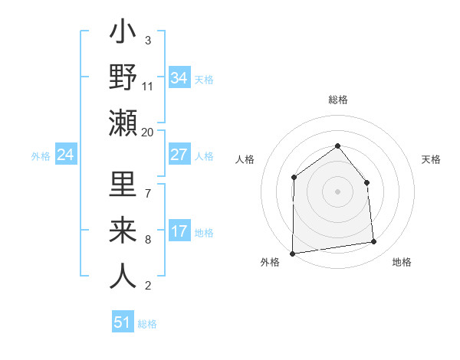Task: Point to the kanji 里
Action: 123,186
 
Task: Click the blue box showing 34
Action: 179,78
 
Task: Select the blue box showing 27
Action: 179,155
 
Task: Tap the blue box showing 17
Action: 179,231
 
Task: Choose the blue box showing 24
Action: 65,155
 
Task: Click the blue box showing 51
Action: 122,322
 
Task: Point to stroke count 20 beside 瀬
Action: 148,132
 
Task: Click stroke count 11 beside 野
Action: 148,86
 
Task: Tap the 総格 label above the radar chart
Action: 337,100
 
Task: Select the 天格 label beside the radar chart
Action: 432,159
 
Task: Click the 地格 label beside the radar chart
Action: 402,262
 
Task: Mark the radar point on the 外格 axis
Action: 292,253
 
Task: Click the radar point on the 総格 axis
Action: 337,146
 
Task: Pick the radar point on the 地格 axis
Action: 374,242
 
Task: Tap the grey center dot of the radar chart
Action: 337,191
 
